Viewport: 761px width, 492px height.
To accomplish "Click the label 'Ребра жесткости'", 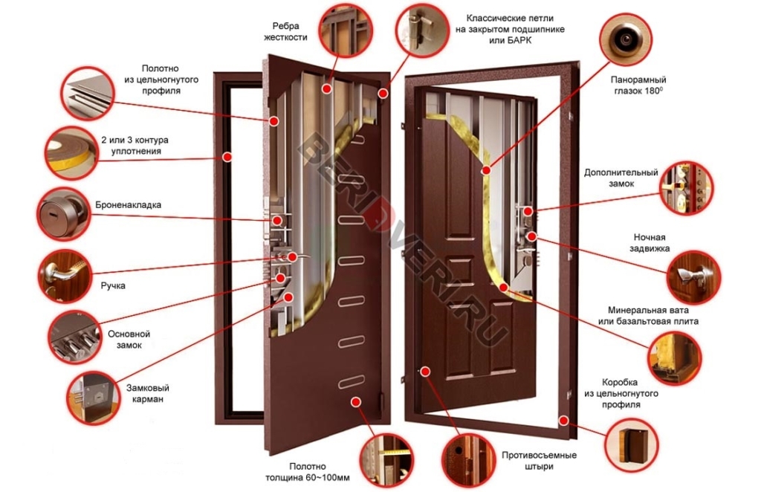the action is click(x=285, y=31).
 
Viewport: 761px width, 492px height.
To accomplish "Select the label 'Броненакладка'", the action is click(x=128, y=205).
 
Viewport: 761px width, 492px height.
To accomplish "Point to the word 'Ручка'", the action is click(x=113, y=286).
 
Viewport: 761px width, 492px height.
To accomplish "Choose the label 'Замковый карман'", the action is click(x=148, y=393).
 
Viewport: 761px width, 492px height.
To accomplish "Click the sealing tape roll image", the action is click(x=71, y=152).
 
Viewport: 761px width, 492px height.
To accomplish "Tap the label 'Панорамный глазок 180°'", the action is click(x=638, y=85).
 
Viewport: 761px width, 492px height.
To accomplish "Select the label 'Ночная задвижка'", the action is click(x=650, y=242).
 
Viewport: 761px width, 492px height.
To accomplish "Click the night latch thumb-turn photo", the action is click(x=693, y=277).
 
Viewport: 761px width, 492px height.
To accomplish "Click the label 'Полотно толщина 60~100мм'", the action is click(x=307, y=472).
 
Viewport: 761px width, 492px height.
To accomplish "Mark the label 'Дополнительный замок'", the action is click(x=621, y=178).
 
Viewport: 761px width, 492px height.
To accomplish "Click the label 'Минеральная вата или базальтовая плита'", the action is click(x=648, y=315).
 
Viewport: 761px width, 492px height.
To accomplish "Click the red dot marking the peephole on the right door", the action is click(x=486, y=170).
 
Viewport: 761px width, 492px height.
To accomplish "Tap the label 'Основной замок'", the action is click(x=129, y=340).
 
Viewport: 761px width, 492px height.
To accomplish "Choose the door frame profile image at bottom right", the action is click(x=632, y=445).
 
